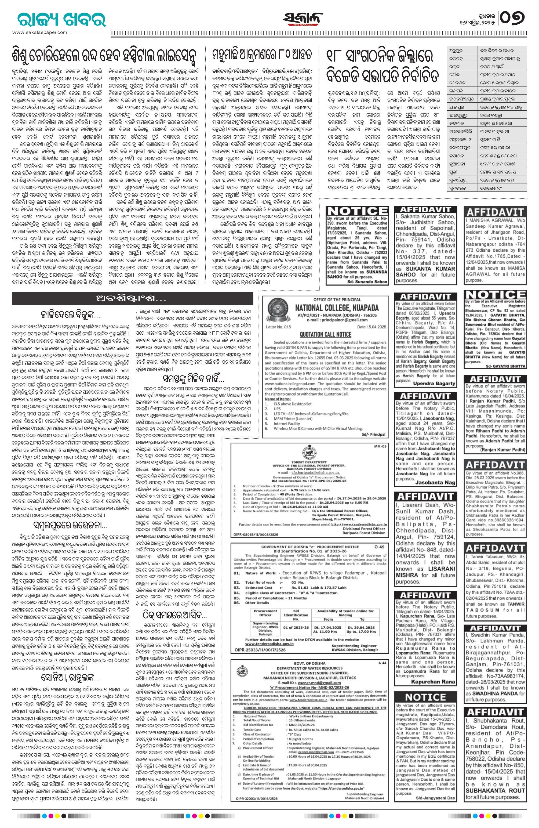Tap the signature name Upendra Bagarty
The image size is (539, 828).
click(x=434, y=384)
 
